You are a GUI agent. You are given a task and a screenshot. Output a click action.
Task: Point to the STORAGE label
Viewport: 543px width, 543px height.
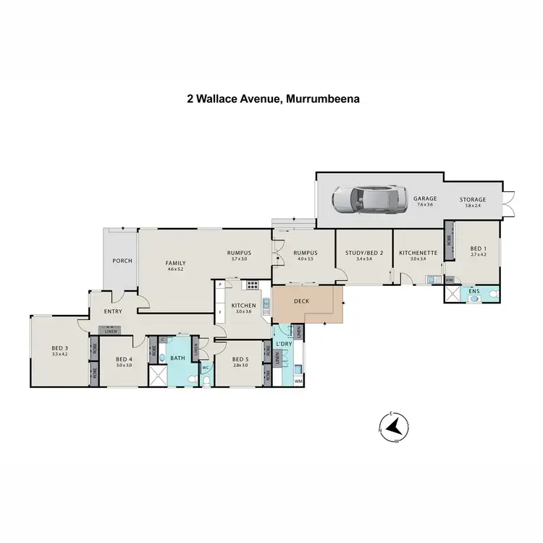pyautogui.click(x=473, y=199)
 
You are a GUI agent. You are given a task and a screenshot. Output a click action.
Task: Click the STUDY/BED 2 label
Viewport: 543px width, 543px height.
pyautogui.click(x=363, y=253)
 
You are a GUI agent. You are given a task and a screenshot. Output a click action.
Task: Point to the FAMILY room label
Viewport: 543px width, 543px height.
pyautogui.click(x=176, y=263)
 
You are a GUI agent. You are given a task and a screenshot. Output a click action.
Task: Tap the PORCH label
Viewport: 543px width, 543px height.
pyautogui.click(x=122, y=261)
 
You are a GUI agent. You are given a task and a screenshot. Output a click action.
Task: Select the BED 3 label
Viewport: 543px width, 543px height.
pyautogui.click(x=59, y=349)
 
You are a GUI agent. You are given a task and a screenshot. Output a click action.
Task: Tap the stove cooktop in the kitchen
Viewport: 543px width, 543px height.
pyautogui.click(x=253, y=285)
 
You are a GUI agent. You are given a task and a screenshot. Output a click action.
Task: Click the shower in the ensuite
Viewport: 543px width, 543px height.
pyautogui.click(x=454, y=295)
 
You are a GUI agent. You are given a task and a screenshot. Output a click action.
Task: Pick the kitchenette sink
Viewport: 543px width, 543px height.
pyautogui.click(x=431, y=279)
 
